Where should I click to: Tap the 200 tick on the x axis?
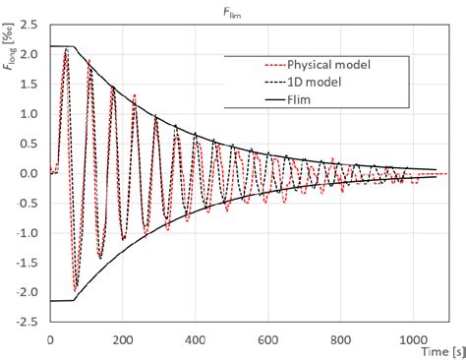123,337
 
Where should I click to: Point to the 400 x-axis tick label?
196,337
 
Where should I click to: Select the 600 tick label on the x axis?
267,337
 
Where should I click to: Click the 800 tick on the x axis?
340,337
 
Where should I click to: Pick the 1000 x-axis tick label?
412,337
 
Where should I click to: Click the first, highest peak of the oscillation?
66,48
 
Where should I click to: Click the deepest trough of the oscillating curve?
76,292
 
